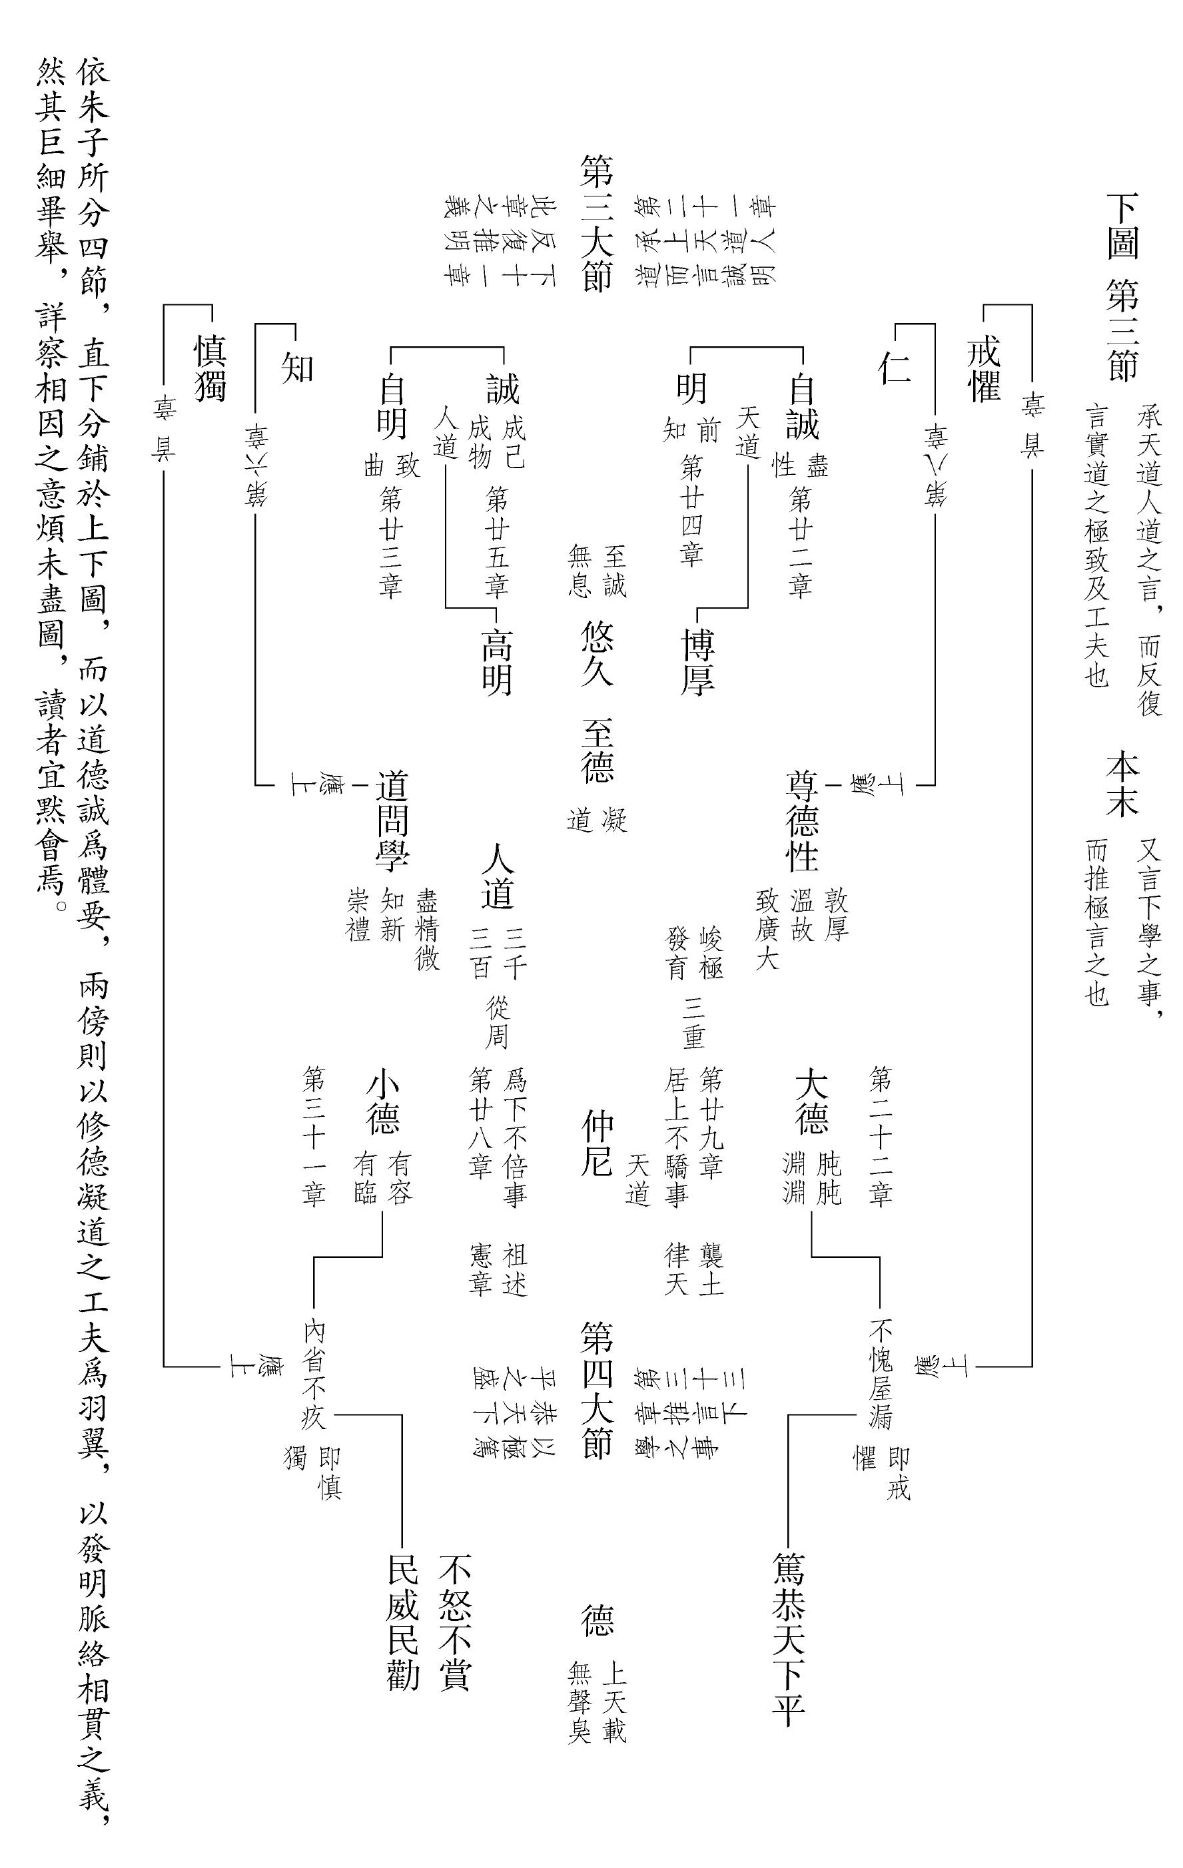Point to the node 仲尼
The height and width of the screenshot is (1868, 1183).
(597, 1143)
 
